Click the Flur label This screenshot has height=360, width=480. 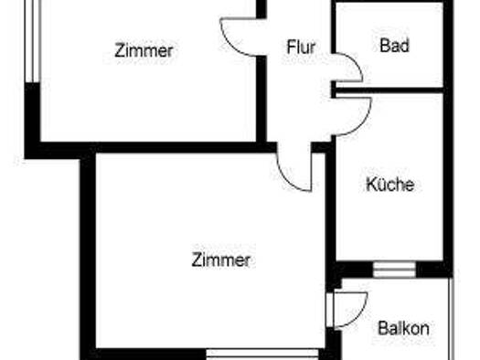301,47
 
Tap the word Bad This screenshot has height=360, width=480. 394,46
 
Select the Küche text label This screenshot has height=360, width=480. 389,185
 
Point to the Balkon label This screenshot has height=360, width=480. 403,328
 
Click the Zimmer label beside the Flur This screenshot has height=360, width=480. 144,51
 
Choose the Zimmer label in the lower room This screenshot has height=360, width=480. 221,260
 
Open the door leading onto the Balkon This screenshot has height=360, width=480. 350,309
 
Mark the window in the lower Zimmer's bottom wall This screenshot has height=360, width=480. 261,352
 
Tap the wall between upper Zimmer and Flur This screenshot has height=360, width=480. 262,101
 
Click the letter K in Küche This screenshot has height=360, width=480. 371,185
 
